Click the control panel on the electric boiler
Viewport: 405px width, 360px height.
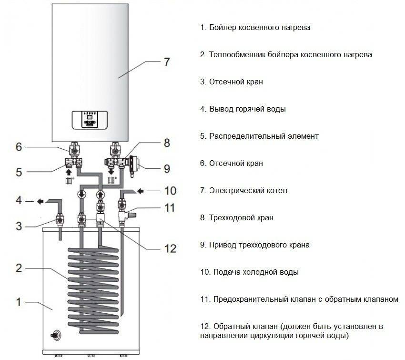point(90,120)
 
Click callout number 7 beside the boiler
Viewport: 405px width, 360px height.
point(167,62)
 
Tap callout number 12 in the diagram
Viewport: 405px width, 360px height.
point(171,248)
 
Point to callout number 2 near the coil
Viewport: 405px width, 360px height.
point(19,268)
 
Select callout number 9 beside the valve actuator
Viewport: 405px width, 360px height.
point(167,169)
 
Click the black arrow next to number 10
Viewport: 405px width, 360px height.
point(140,191)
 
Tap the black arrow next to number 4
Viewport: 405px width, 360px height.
point(40,201)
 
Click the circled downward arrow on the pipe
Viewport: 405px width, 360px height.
point(82,195)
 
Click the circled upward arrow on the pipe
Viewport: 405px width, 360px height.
point(100,195)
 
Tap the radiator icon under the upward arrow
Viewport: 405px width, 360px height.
point(69,180)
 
